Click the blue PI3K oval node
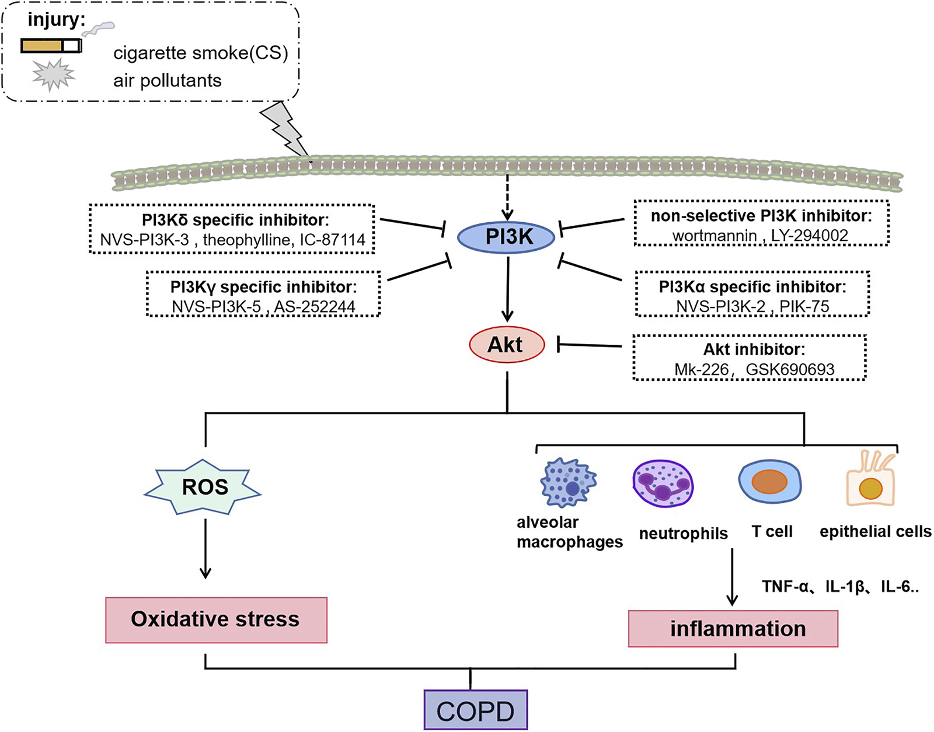(x=506, y=237)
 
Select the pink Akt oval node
(x=507, y=345)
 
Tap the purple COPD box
(x=476, y=710)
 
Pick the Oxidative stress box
(x=216, y=619)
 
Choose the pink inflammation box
(x=733, y=629)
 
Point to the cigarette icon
(x=51, y=45)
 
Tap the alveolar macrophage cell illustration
(x=568, y=482)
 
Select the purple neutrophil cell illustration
(x=663, y=484)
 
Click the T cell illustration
(x=769, y=482)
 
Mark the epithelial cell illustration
(x=870, y=482)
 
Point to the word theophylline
(x=246, y=240)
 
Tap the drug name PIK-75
(x=804, y=306)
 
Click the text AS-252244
(x=315, y=307)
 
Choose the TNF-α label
(x=785, y=586)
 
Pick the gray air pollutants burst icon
(x=54, y=75)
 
